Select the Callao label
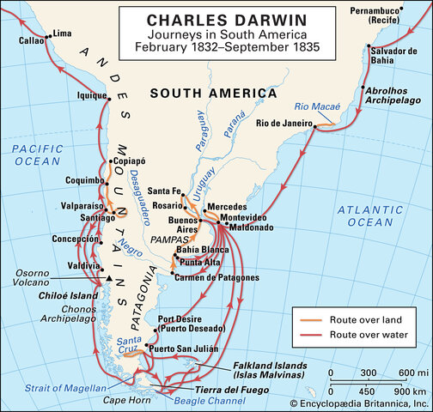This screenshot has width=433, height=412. coord(30,40)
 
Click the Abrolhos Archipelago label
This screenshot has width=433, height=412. coord(393,94)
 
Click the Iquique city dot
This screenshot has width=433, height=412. coord(109,100)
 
